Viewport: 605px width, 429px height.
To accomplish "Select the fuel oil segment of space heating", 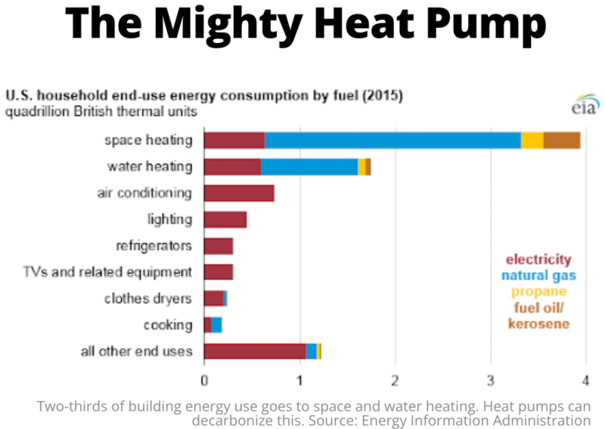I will click(x=562, y=140).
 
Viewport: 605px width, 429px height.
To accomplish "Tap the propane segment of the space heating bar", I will click(x=532, y=140).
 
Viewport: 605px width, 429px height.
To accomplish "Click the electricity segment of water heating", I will click(x=232, y=166).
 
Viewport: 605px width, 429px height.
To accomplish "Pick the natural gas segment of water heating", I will click(x=309, y=166).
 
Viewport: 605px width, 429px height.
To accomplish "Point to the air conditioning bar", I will click(x=239, y=193).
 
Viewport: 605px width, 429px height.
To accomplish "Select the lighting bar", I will click(x=225, y=219).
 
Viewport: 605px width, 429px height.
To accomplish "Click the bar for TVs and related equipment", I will click(x=219, y=272).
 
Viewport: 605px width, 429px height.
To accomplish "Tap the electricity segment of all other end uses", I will click(x=255, y=351).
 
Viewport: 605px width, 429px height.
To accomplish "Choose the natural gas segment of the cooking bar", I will click(x=216, y=325).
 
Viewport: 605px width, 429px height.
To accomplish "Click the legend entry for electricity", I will click(x=538, y=260).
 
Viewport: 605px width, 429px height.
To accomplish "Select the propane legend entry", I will click(x=538, y=291).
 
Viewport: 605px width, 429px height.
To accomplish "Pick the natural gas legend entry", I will click(x=538, y=276).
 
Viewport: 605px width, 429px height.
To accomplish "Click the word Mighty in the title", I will click(x=245, y=24).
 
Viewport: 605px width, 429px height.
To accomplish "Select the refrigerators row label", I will click(x=154, y=246).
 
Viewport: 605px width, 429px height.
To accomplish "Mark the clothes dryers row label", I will click(x=148, y=298).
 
